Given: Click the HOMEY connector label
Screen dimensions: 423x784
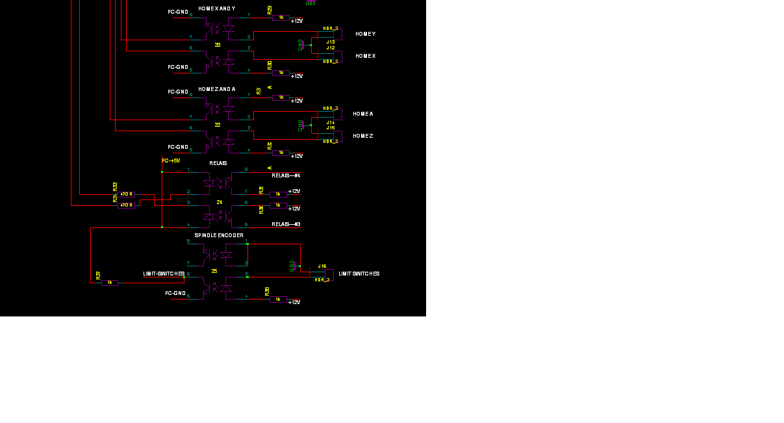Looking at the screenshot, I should (x=365, y=34).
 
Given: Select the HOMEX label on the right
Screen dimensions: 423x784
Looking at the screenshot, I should (x=365, y=57).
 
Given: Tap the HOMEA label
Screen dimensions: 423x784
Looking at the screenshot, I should (x=362, y=114).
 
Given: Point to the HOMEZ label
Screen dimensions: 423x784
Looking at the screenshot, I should (x=362, y=136).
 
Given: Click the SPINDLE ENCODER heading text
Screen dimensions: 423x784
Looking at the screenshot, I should (x=219, y=235).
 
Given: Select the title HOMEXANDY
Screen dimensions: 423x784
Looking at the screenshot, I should (x=217, y=8).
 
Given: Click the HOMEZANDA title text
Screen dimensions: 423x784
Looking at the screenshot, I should (x=217, y=89).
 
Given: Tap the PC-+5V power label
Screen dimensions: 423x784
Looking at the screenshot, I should (x=171, y=160).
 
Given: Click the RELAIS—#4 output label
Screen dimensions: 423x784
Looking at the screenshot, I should (x=286, y=175).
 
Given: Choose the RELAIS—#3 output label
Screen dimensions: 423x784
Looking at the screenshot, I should (x=286, y=224).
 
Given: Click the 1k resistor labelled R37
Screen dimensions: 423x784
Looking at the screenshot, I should (x=110, y=283).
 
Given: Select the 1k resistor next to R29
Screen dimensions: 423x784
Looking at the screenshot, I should (x=281, y=18).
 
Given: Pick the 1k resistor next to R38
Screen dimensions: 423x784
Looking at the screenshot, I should (x=278, y=300).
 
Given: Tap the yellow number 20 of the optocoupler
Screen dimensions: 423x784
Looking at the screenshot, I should (x=217, y=45).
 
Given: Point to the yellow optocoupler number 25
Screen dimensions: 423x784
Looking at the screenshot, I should (x=214, y=271).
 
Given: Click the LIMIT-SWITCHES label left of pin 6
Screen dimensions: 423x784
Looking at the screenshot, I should (x=164, y=274).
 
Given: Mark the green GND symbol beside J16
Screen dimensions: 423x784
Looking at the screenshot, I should (x=293, y=265).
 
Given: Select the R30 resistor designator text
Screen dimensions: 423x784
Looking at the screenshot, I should (x=270, y=65).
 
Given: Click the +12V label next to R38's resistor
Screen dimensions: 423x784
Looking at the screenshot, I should (x=294, y=302).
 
